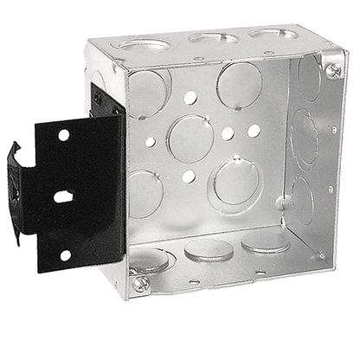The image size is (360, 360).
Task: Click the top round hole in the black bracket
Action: (x=63, y=135)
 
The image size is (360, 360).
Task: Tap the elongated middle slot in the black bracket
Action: (x=63, y=196)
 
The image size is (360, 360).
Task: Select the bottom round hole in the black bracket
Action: (x=66, y=254)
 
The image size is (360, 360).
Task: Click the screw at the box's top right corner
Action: (x=333, y=70)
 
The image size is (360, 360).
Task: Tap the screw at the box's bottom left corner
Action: (x=141, y=283)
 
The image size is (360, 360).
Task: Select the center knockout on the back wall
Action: (x=190, y=138)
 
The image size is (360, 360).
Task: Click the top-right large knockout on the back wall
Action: (x=239, y=85)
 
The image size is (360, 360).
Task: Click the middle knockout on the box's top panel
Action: (x=211, y=37)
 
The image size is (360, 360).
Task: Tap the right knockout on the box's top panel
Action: (x=270, y=34)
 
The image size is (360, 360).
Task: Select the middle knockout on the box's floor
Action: (x=209, y=249)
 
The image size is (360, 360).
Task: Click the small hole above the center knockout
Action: (x=190, y=98)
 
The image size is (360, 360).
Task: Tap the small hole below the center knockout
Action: (x=189, y=177)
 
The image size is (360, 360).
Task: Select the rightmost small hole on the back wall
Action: (x=254, y=131)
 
